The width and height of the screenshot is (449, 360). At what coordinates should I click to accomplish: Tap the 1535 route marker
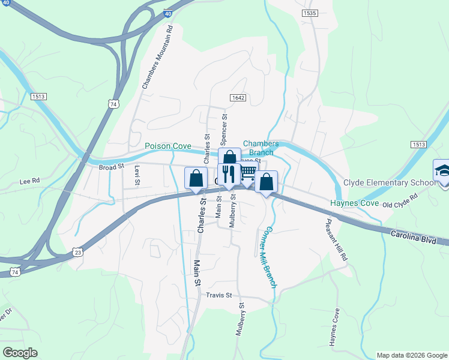click(310, 12)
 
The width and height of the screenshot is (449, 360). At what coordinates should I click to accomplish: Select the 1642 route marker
click(238, 97)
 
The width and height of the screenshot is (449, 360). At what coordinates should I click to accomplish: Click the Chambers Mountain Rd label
click(158, 58)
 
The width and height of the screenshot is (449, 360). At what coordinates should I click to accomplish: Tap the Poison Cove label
click(168, 146)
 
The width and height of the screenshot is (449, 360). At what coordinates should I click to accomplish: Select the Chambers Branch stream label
click(261, 148)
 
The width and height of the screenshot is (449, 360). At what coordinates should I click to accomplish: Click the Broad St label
click(112, 167)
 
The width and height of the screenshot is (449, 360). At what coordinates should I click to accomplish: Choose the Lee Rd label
click(29, 180)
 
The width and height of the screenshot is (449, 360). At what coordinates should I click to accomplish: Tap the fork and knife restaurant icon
click(229, 175)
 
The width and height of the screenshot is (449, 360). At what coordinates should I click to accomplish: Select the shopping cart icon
click(247, 173)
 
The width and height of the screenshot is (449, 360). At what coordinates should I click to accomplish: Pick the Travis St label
click(218, 295)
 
